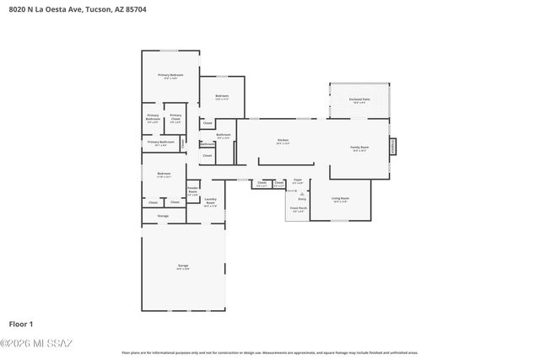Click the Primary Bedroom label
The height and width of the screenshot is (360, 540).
(170, 77)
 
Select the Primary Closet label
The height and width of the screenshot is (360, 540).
(175, 118)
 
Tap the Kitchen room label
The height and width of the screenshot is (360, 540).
(283, 141)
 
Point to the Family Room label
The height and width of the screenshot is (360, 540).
(360, 148)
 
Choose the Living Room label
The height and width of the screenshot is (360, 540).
(340, 200)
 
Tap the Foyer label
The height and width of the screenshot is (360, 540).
(298, 180)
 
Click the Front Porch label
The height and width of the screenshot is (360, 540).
(298, 208)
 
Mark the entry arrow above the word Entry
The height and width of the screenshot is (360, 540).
(301, 193)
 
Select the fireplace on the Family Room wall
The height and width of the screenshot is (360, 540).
(391, 147)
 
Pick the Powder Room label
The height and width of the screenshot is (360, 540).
(192, 191)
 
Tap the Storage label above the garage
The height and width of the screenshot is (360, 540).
(163, 216)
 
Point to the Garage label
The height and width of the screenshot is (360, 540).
(182, 266)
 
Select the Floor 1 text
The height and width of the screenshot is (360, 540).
(20, 324)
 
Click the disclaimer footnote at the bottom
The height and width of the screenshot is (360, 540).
(269, 352)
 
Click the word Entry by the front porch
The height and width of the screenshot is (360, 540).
(301, 200)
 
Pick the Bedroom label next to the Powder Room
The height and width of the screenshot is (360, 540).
(163, 175)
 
